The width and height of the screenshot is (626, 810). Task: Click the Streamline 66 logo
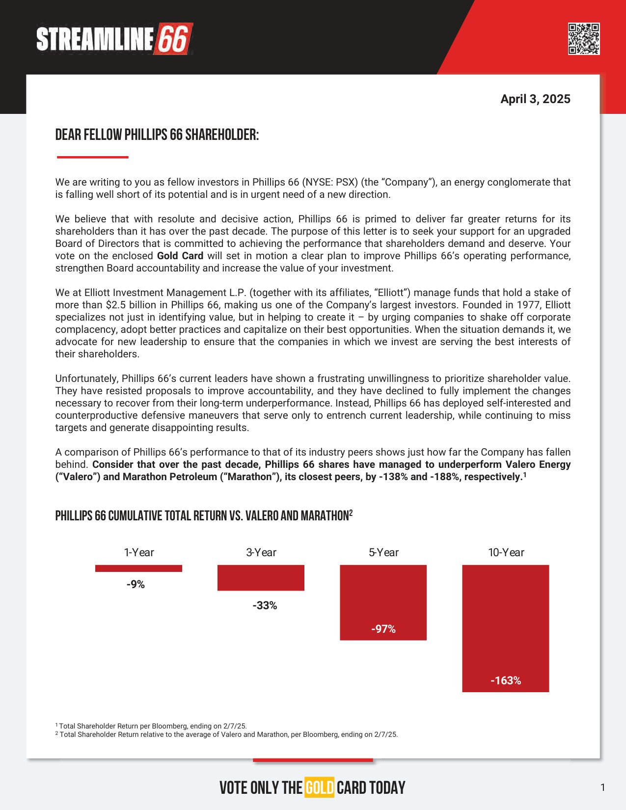coord(114,39)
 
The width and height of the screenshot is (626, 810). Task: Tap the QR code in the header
coord(584,39)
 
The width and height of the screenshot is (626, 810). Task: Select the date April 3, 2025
coord(535,99)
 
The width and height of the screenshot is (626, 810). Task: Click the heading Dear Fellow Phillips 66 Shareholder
coord(157,135)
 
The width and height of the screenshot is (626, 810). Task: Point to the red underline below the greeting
coord(92,157)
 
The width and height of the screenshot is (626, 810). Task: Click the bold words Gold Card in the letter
coord(180,256)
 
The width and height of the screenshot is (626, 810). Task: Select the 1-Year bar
coord(138,568)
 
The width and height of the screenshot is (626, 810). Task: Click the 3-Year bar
coord(261,578)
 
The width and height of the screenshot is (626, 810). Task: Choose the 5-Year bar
coord(383,602)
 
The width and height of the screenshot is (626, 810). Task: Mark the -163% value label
coord(506,680)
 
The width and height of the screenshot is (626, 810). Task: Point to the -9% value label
coord(136,584)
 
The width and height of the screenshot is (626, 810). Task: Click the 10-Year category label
coord(506,553)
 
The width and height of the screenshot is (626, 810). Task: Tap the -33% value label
coord(265,606)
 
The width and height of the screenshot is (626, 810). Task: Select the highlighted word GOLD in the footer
coord(319,788)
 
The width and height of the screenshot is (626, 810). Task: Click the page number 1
coord(603,788)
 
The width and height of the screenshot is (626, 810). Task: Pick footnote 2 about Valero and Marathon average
coord(226,735)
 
